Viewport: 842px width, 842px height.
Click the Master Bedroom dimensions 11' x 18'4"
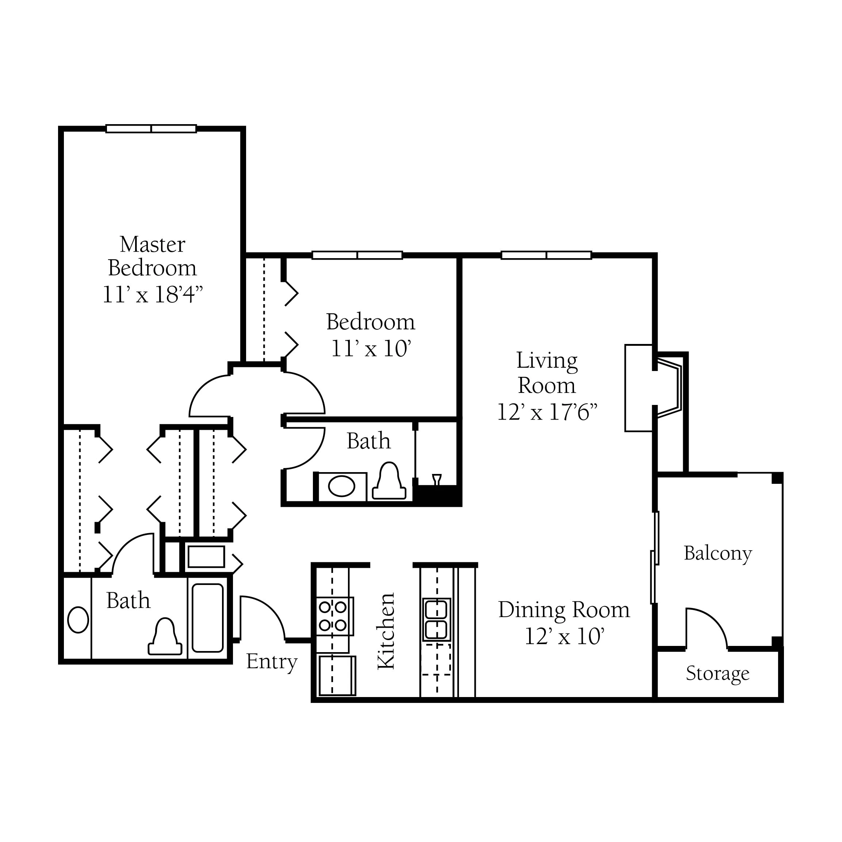153,295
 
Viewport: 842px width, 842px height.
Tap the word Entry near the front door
272,662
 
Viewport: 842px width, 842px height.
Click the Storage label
718,673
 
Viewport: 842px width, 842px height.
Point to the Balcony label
718,554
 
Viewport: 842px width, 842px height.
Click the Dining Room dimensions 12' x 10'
564,637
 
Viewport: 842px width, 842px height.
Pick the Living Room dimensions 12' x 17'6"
547,412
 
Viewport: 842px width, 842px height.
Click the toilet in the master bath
165,637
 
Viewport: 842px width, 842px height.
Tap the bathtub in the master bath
208,617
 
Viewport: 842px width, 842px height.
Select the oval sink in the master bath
79,620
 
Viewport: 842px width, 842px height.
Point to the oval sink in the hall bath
342,486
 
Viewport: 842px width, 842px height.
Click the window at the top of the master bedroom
151,129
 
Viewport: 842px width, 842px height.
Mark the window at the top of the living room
547,255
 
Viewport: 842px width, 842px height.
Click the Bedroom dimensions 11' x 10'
371,349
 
